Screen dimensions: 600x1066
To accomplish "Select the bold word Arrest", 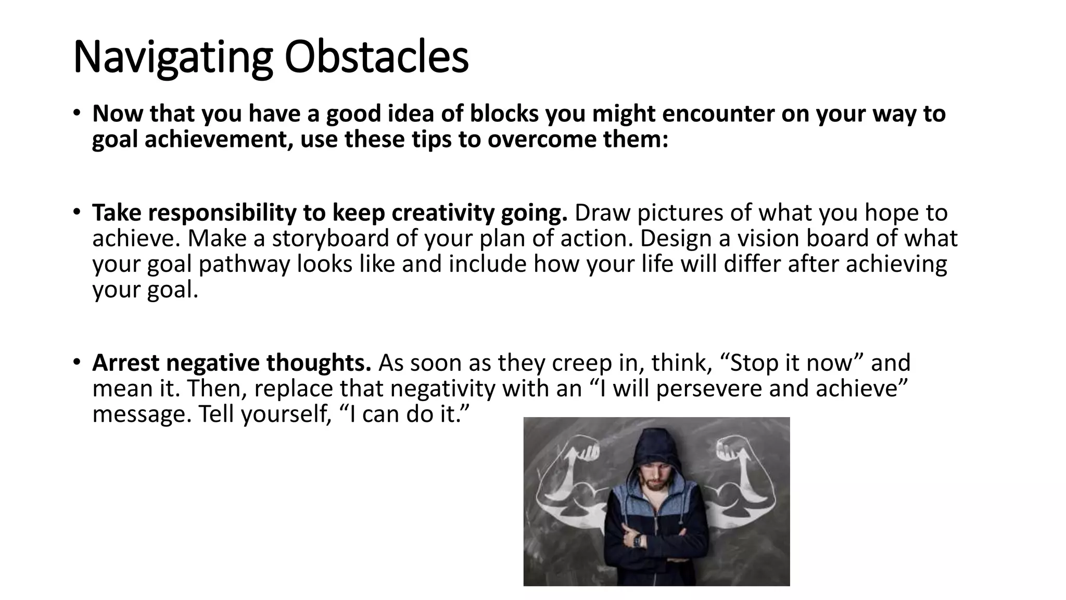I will pyautogui.click(x=125, y=363).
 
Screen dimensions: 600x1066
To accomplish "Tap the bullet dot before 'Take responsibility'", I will pyautogui.click(x=77, y=212).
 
